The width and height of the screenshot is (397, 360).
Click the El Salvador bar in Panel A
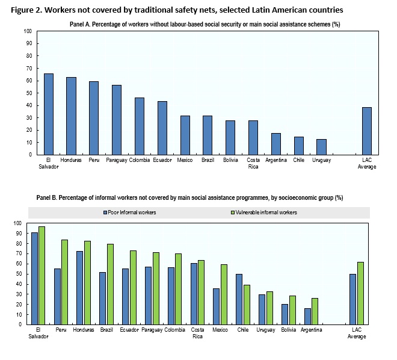48,114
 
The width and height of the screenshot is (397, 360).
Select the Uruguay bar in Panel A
321,147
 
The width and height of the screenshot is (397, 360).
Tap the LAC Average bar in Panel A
367,131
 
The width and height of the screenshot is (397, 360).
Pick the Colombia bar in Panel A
139,126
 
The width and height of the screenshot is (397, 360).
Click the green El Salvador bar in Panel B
42,275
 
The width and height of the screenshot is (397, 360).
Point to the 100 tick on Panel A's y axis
28,31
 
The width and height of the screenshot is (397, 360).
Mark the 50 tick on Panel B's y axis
23,274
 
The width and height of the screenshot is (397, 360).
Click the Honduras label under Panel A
71,161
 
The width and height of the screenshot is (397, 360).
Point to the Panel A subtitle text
214,23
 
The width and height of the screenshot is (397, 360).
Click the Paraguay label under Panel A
116,161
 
